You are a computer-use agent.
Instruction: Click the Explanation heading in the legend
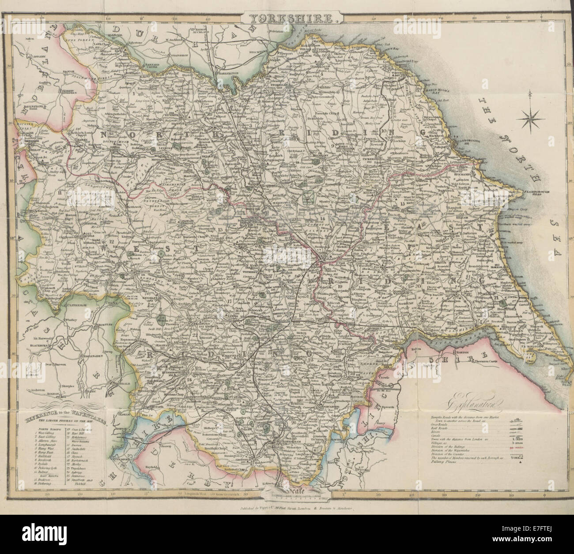(x=478, y=402)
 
